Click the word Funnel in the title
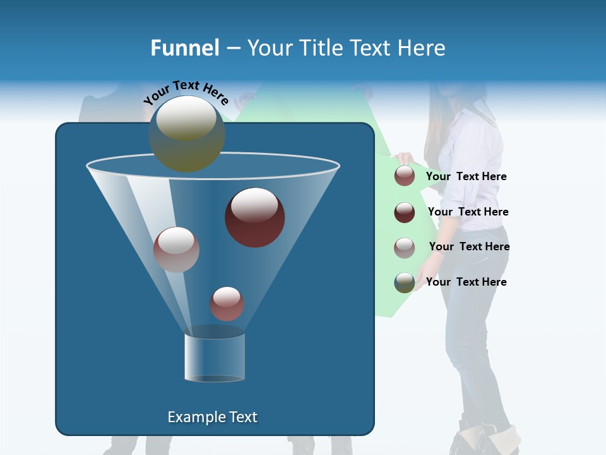(185, 48)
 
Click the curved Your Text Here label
(186, 92)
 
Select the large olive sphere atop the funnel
(186, 133)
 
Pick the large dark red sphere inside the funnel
(254, 217)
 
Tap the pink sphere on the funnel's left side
(176, 249)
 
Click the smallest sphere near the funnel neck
(227, 303)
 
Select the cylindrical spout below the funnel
(214, 358)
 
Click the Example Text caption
(212, 417)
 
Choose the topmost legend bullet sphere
(405, 176)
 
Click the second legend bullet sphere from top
(405, 212)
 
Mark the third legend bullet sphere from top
(405, 247)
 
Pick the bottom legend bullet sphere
(405, 282)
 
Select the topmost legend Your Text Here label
(466, 176)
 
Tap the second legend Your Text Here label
(468, 212)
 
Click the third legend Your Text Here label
(469, 246)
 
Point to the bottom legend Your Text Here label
(466, 282)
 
